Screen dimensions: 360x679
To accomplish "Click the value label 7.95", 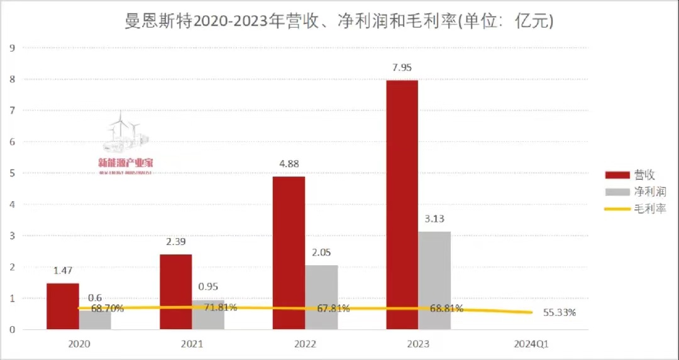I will point(402,68).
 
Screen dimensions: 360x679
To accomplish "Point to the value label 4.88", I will point(289,165).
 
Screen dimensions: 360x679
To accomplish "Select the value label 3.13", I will point(434,219).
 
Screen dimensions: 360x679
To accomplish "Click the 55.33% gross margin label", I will point(558,313).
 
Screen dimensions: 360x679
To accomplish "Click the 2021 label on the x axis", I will point(192,344).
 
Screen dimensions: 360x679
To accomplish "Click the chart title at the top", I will point(339,22).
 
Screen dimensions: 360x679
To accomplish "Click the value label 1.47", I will point(63,271).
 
